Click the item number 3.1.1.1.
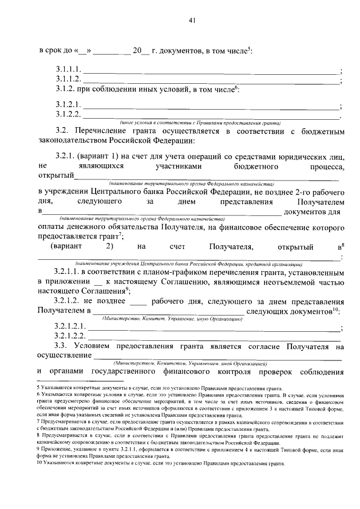69,70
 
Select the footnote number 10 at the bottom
40,464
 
